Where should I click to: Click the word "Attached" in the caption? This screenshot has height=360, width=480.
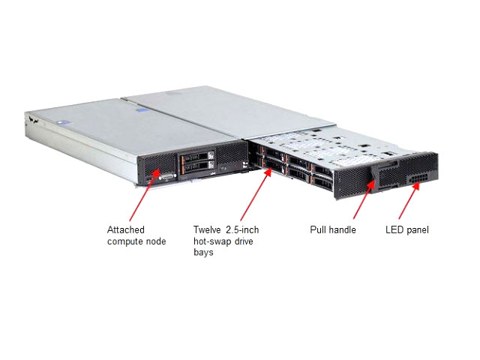pyautogui.click(x=126, y=229)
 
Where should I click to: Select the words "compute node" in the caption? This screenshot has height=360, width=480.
pyautogui.click(x=136, y=241)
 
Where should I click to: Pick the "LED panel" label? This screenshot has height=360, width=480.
pyautogui.click(x=407, y=229)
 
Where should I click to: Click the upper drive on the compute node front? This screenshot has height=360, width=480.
pyautogui.click(x=196, y=158)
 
